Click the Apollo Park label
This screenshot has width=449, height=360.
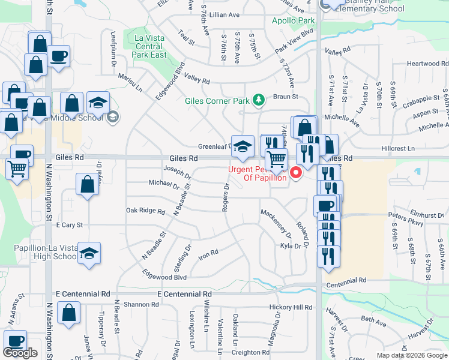pos(293,20)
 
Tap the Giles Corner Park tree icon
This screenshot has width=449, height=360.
pos(259,100)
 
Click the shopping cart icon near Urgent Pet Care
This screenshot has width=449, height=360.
pos(276,160)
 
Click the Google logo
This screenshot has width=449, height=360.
pos(20,353)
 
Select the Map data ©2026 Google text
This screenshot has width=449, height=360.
pos(412,355)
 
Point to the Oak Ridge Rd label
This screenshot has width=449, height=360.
pos(145,211)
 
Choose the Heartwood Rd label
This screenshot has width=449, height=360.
pos(423,64)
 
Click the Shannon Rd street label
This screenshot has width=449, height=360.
pos(140,305)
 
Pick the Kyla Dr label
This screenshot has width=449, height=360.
pos(290,246)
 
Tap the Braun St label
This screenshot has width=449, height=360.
pos(286,96)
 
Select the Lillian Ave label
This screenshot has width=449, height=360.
pos(224,14)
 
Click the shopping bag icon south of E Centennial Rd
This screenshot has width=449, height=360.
pos(69,313)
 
